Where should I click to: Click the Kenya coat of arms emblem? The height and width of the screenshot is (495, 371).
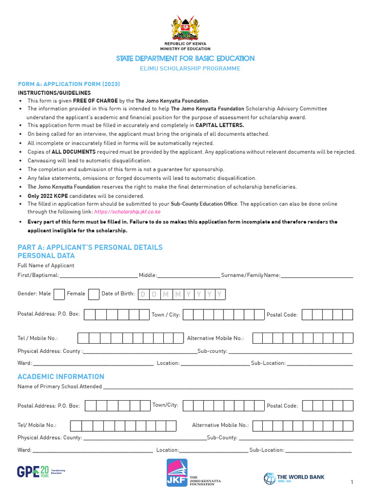tap(185, 29)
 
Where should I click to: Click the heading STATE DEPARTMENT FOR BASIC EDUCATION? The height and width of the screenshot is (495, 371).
tap(185, 58)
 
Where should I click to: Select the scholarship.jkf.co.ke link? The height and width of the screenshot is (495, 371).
tap(128, 212)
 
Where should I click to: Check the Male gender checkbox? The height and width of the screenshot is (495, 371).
tap(59, 294)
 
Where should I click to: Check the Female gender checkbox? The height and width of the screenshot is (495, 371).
tap(94, 294)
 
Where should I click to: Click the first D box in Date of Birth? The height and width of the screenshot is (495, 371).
tap(143, 294)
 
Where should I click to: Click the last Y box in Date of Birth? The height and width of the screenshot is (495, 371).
tap(219, 294)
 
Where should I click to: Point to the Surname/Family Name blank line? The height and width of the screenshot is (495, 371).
tap(317, 276)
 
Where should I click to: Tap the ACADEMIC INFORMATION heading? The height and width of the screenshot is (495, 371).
tap(61, 377)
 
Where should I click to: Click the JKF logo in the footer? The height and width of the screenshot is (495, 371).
tap(177, 472)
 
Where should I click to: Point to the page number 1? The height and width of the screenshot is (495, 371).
tap(352, 482)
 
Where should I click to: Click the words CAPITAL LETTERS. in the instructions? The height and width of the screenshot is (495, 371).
tap(220, 125)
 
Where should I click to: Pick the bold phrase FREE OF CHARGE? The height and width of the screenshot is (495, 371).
tap(95, 101)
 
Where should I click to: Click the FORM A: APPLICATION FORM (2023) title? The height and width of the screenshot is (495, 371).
tap(69, 84)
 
